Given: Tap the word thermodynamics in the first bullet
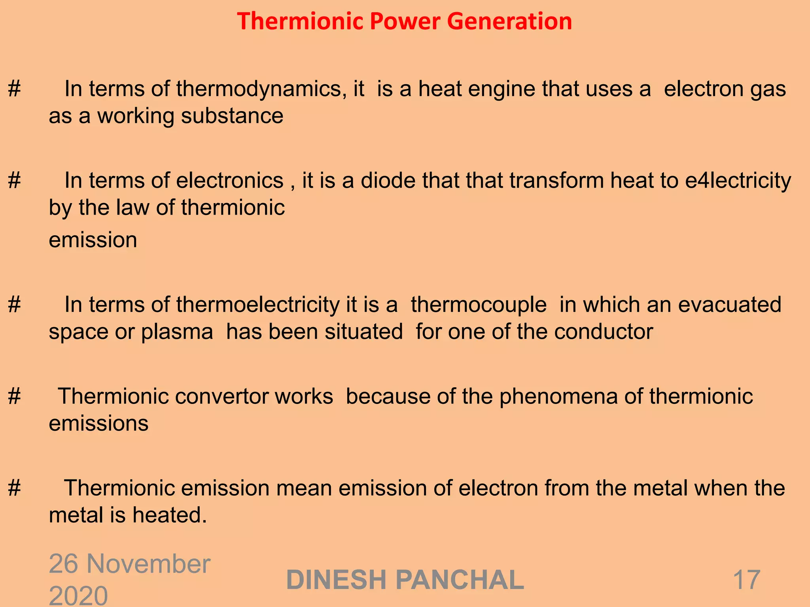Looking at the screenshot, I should [259, 89].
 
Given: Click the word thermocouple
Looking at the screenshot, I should [479, 305].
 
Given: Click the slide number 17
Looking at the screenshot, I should [746, 580].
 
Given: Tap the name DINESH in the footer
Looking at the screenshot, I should [336, 580].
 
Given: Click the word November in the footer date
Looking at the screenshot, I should [148, 564].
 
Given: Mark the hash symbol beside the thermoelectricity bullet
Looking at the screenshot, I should [14, 305].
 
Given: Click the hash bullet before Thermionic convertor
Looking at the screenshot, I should [14, 396].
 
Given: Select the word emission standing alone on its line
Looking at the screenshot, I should [93, 240].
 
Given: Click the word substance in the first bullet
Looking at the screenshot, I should [232, 116].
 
